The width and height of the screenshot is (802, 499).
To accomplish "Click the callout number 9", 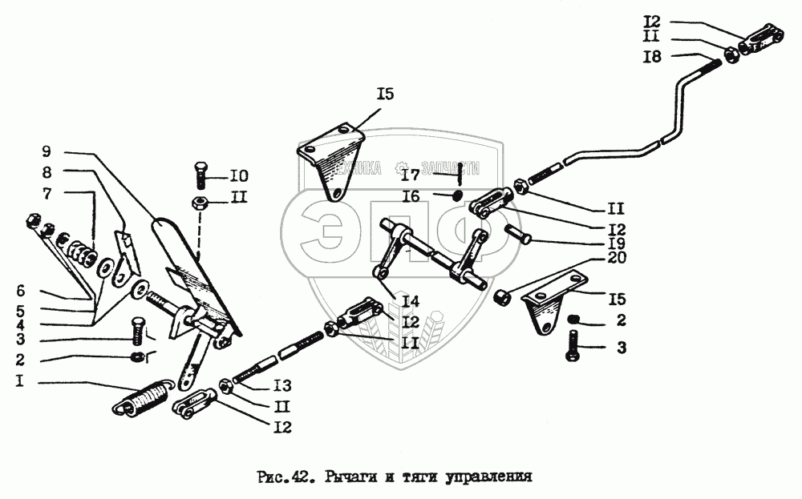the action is [46, 151].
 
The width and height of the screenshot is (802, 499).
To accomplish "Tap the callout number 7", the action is [46, 192].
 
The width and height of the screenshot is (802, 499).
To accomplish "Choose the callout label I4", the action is [411, 302].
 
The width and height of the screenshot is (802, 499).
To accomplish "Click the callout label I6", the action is [411, 195].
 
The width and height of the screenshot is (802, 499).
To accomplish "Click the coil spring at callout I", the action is [145, 397].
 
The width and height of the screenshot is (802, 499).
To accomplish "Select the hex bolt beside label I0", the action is [201, 174].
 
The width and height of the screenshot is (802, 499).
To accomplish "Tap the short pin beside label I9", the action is [516, 235].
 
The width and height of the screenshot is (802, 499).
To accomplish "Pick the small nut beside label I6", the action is [457, 195].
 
